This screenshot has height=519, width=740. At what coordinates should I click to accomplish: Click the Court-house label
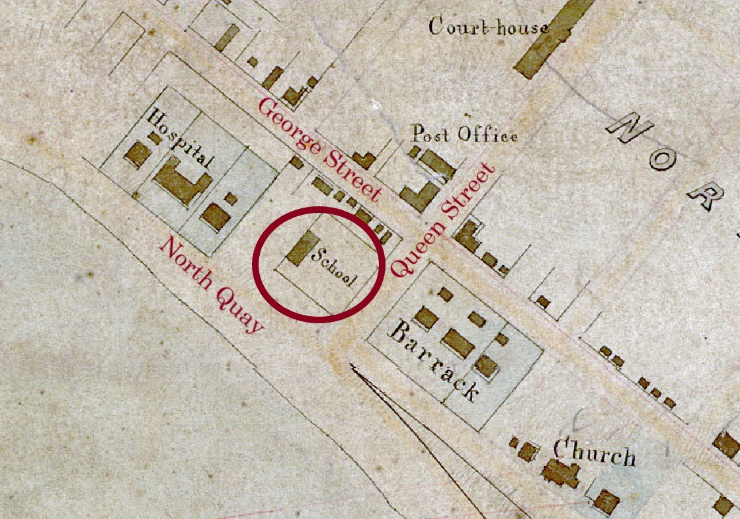tap(488, 26)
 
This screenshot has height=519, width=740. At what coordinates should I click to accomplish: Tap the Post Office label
tap(464, 134)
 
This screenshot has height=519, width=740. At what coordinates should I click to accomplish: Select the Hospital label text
tap(181, 139)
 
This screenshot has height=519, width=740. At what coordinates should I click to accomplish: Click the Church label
tap(594, 454)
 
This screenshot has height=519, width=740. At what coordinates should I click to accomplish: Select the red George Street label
tap(319, 149)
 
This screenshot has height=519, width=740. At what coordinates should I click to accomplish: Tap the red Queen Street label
tap(443, 220)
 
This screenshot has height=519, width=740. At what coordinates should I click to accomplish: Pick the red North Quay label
tap(211, 285)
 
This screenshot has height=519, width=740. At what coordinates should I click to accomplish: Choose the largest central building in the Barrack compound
tap(458, 342)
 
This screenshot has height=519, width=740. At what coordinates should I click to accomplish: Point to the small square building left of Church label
tap(526, 452)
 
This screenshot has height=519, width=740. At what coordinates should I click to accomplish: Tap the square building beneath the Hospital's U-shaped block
tap(215, 216)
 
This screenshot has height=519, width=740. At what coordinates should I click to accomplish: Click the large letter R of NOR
tap(705, 194)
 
